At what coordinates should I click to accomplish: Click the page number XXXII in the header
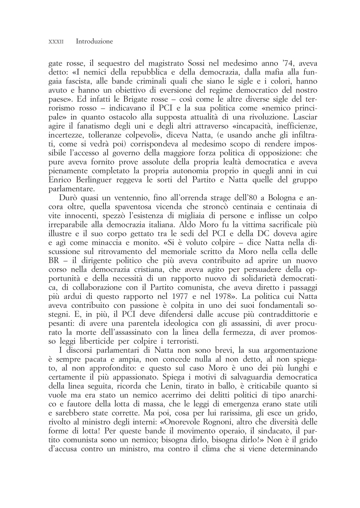tap(56, 42)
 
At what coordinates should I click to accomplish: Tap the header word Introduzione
tap(94, 41)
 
